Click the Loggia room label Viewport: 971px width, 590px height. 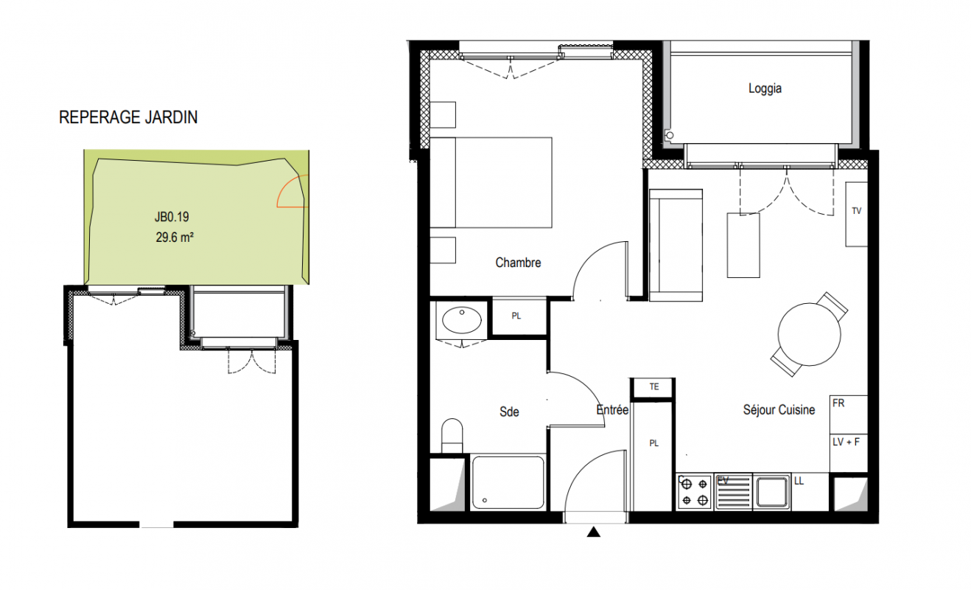pos(765,88)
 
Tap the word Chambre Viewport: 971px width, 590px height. pos(518,263)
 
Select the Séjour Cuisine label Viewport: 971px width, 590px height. pos(779,410)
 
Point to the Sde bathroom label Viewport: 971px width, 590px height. pos(509,412)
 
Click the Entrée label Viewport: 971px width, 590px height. pos(612,410)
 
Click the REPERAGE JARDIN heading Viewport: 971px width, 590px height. pos(128,117)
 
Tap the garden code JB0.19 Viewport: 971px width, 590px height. pos(172,217)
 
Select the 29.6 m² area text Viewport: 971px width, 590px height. pos(175,237)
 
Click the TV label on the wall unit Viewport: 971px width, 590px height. pos(856,211)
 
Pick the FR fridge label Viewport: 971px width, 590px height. pos(838,403)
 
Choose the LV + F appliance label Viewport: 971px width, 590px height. pos(846,442)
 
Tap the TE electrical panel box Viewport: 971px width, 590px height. pos(653,387)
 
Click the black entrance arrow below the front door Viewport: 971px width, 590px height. pos(594,532)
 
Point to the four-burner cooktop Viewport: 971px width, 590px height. pos(695,491)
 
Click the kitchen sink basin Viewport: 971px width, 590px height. pos(772,492)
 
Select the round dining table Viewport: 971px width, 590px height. pos(809,335)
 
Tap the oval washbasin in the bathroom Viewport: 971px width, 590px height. pos(461,320)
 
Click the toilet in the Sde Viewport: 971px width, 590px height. pos(452,436)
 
